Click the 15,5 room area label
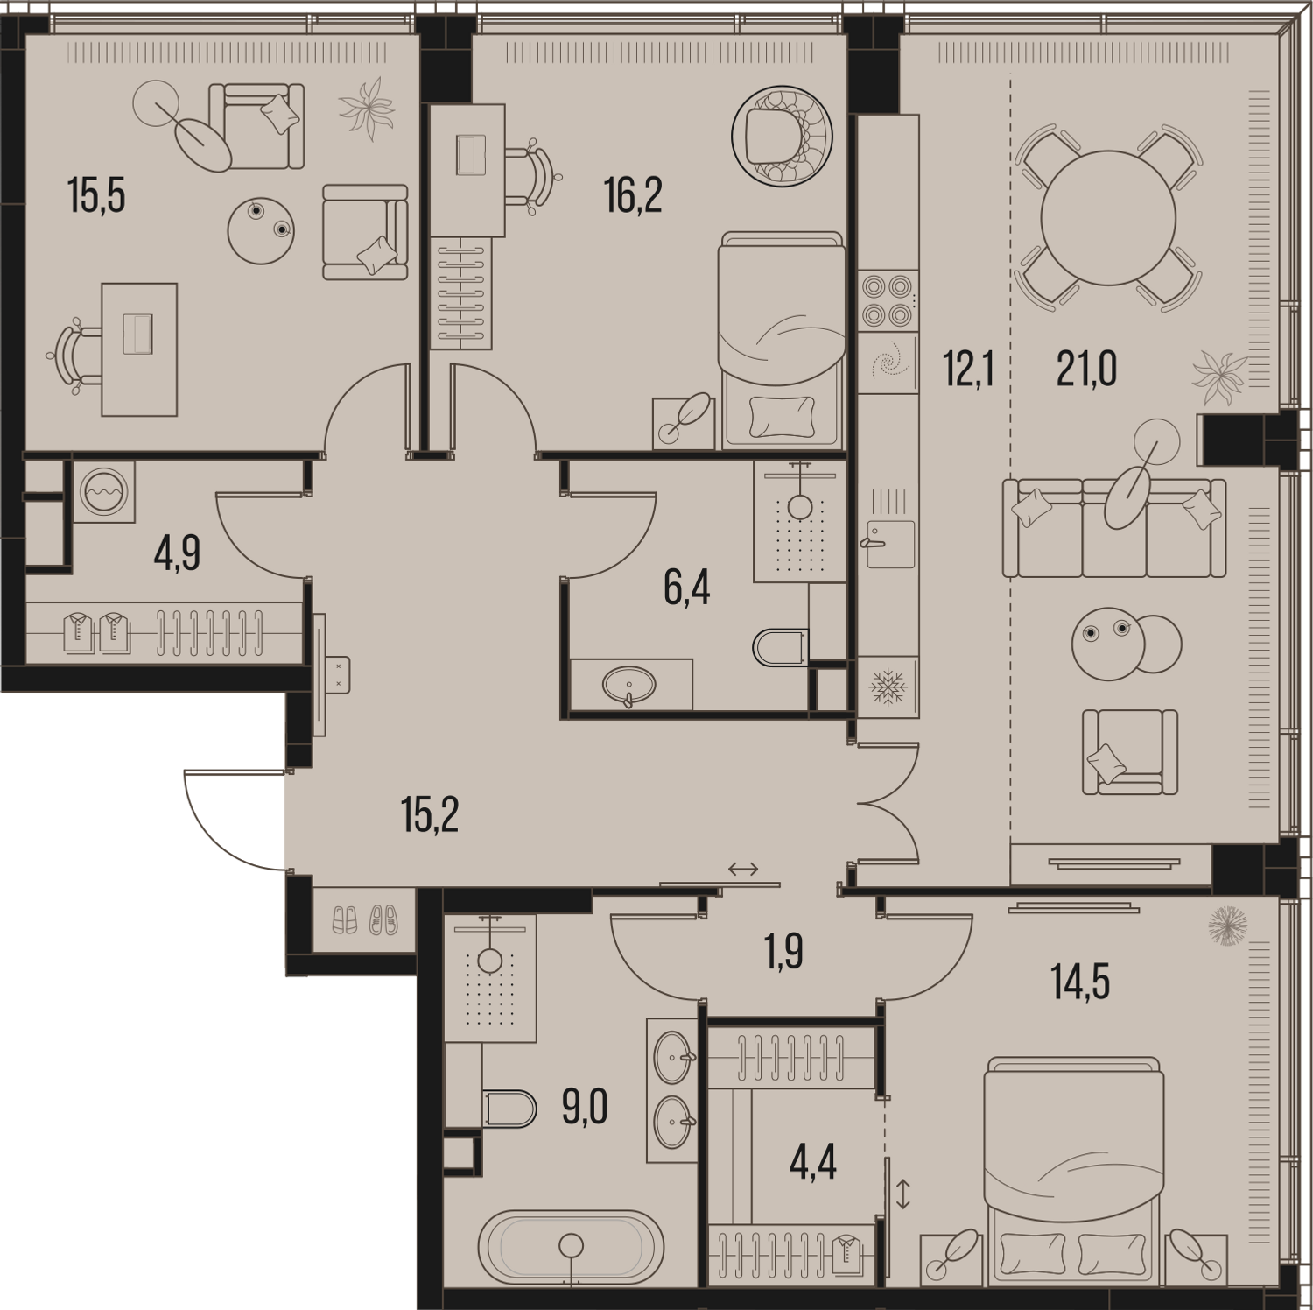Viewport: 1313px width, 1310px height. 96,194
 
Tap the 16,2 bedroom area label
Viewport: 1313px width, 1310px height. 633,194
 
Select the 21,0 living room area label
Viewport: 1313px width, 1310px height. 1086,369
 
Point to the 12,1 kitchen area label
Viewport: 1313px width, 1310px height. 968,369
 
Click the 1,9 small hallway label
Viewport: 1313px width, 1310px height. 783,952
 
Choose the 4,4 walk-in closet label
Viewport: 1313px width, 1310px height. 813,1162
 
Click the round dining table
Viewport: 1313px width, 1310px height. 1107,217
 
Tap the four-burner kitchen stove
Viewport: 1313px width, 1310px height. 888,300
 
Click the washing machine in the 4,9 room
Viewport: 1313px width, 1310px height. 104,491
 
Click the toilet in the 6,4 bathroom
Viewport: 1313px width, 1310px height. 780,647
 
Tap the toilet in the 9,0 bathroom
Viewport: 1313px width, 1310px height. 509,1109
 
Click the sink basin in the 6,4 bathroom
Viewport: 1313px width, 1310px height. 628,685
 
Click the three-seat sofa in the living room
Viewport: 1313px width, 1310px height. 1114,528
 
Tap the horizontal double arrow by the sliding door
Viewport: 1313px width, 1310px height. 743,870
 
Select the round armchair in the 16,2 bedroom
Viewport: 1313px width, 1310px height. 782,136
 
